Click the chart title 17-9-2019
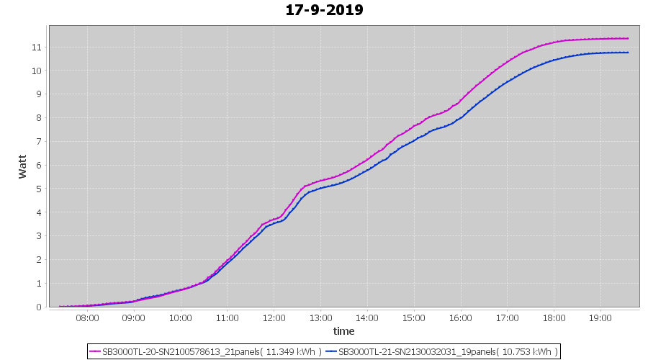click(324, 10)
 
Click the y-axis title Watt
click(22, 166)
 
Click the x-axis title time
click(343, 331)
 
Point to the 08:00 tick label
click(87, 318)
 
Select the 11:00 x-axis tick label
click(227, 318)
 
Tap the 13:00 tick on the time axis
click(320, 318)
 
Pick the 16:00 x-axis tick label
click(460, 318)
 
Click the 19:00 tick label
click(600, 318)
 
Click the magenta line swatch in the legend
click(94, 351)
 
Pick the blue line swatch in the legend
click(330, 351)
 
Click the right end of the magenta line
click(628, 39)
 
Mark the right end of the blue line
click(628, 53)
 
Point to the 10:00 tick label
click(180, 318)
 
